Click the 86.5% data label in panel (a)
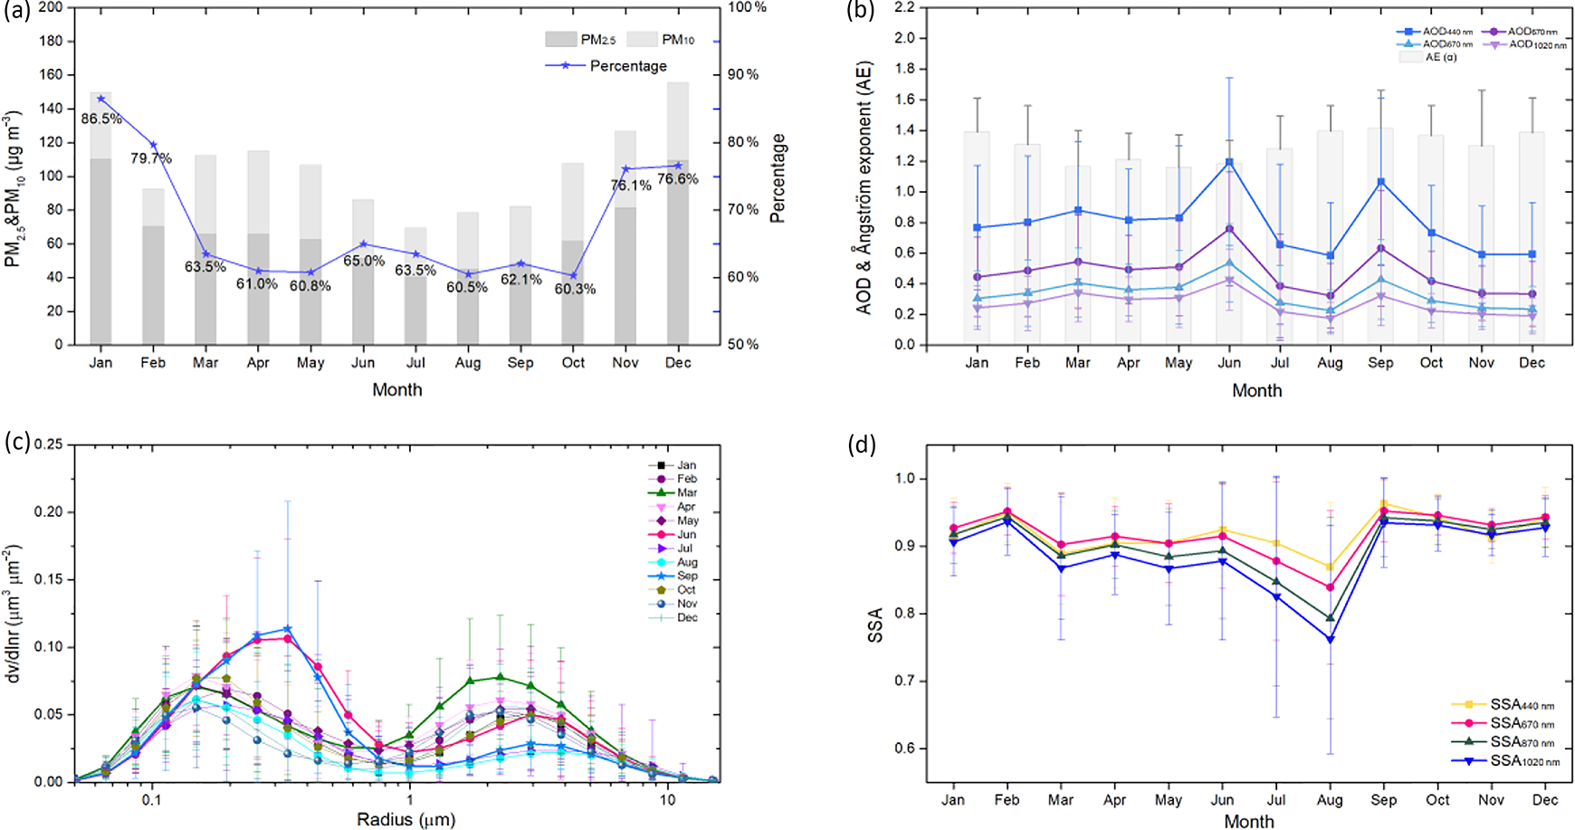tap(101, 119)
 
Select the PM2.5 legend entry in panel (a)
tap(580, 40)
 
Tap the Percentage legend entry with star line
tap(606, 66)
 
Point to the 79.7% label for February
tap(151, 158)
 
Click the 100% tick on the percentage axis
tap(747, 7)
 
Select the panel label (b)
tap(860, 12)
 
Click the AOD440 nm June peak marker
tap(1229, 163)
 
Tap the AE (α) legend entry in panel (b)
tap(1429, 57)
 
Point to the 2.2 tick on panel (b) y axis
tap(904, 7)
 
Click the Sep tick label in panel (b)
tap(1380, 363)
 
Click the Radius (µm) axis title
tap(406, 820)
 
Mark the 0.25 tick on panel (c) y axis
tap(49, 444)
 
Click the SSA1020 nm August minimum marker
tap(1330, 640)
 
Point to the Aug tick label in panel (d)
tap(1330, 800)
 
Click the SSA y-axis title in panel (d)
tap(875, 625)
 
